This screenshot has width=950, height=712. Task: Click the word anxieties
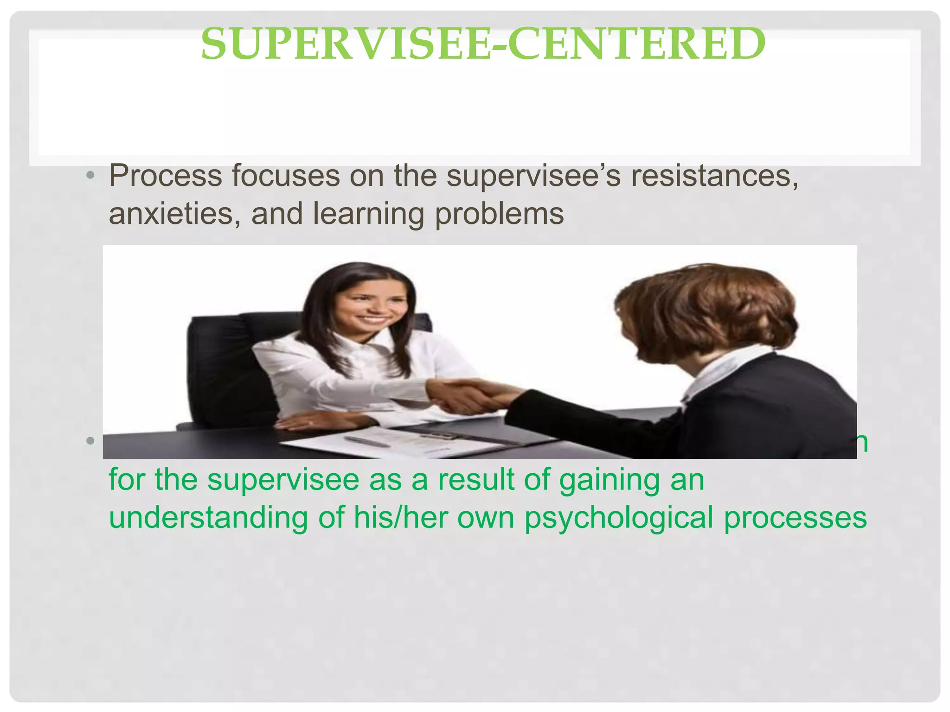(x=174, y=214)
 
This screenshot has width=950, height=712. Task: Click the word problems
(x=499, y=214)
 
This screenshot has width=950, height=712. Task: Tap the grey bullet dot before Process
(x=90, y=176)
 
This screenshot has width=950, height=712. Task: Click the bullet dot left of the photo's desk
(x=90, y=440)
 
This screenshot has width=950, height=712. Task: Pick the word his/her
(x=399, y=518)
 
